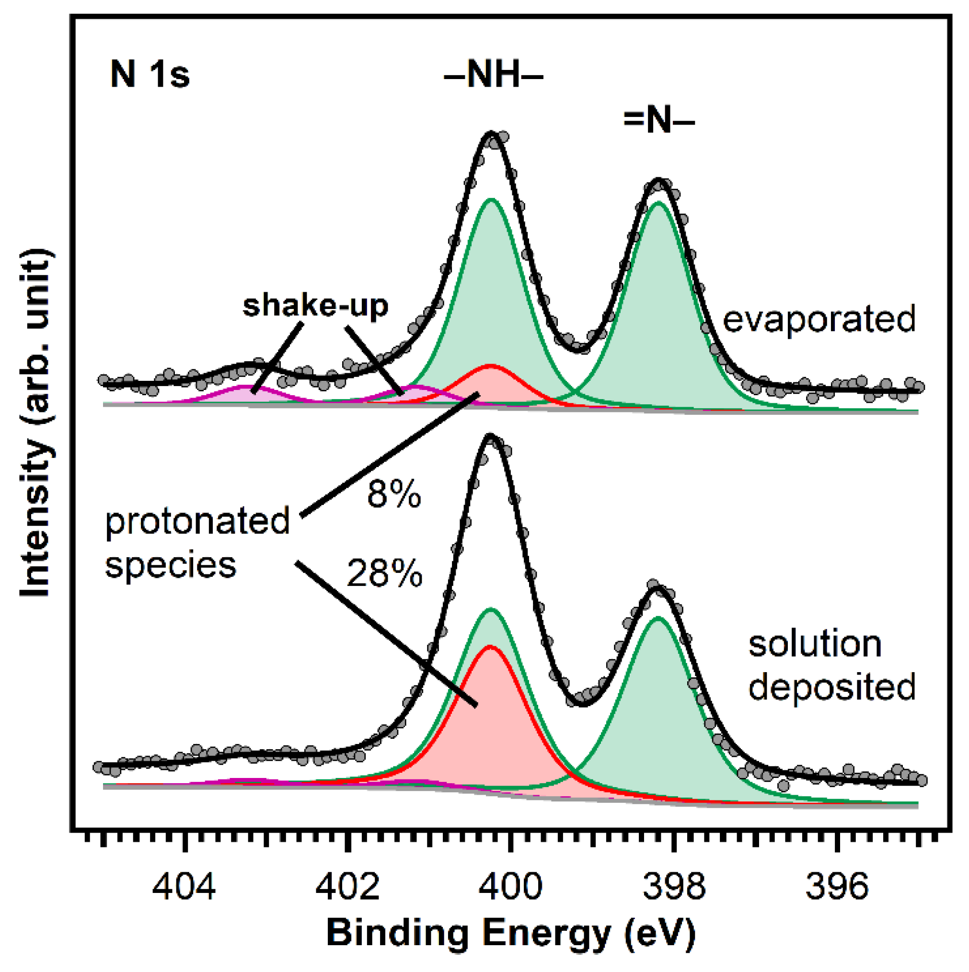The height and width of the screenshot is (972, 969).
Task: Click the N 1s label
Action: (x=150, y=76)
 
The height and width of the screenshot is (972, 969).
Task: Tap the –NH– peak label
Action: (x=493, y=77)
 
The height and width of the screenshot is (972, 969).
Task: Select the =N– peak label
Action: (x=658, y=122)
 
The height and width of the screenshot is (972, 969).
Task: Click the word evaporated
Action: (x=819, y=319)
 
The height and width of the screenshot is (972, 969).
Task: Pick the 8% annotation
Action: (x=393, y=495)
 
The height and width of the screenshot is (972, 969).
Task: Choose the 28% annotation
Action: (x=384, y=573)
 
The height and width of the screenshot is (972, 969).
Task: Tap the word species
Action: (x=170, y=565)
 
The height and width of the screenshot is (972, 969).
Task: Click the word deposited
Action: (x=831, y=688)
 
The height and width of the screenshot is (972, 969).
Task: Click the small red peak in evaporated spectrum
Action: (x=491, y=385)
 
